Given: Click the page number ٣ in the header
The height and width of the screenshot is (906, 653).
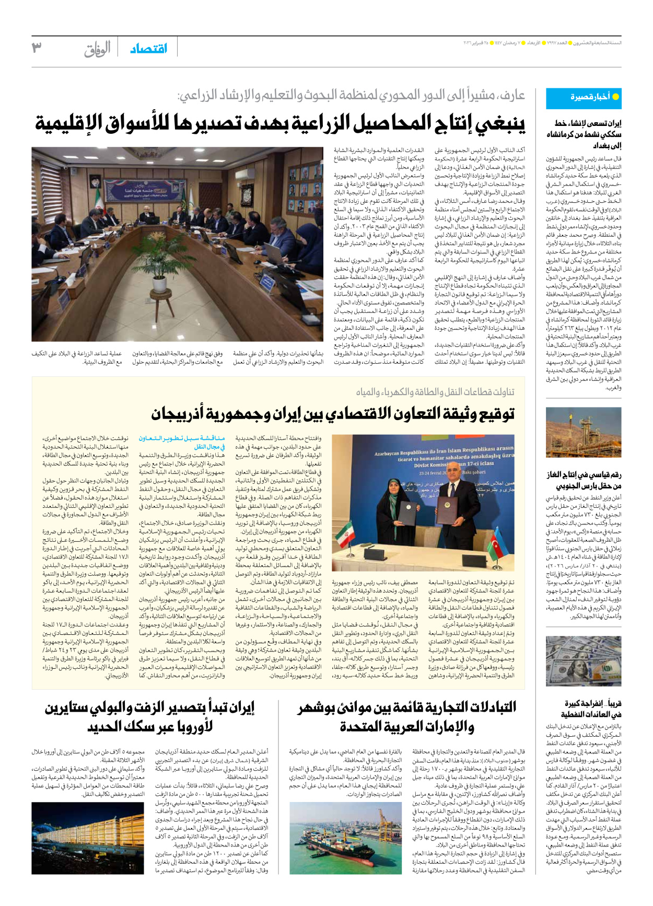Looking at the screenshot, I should [x=37, y=48].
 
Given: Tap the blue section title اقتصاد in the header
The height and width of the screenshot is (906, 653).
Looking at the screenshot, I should [x=148, y=48].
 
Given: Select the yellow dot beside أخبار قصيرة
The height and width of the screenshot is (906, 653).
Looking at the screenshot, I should [x=615, y=97].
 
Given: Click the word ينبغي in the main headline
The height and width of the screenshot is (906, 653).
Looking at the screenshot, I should [x=494, y=124].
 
